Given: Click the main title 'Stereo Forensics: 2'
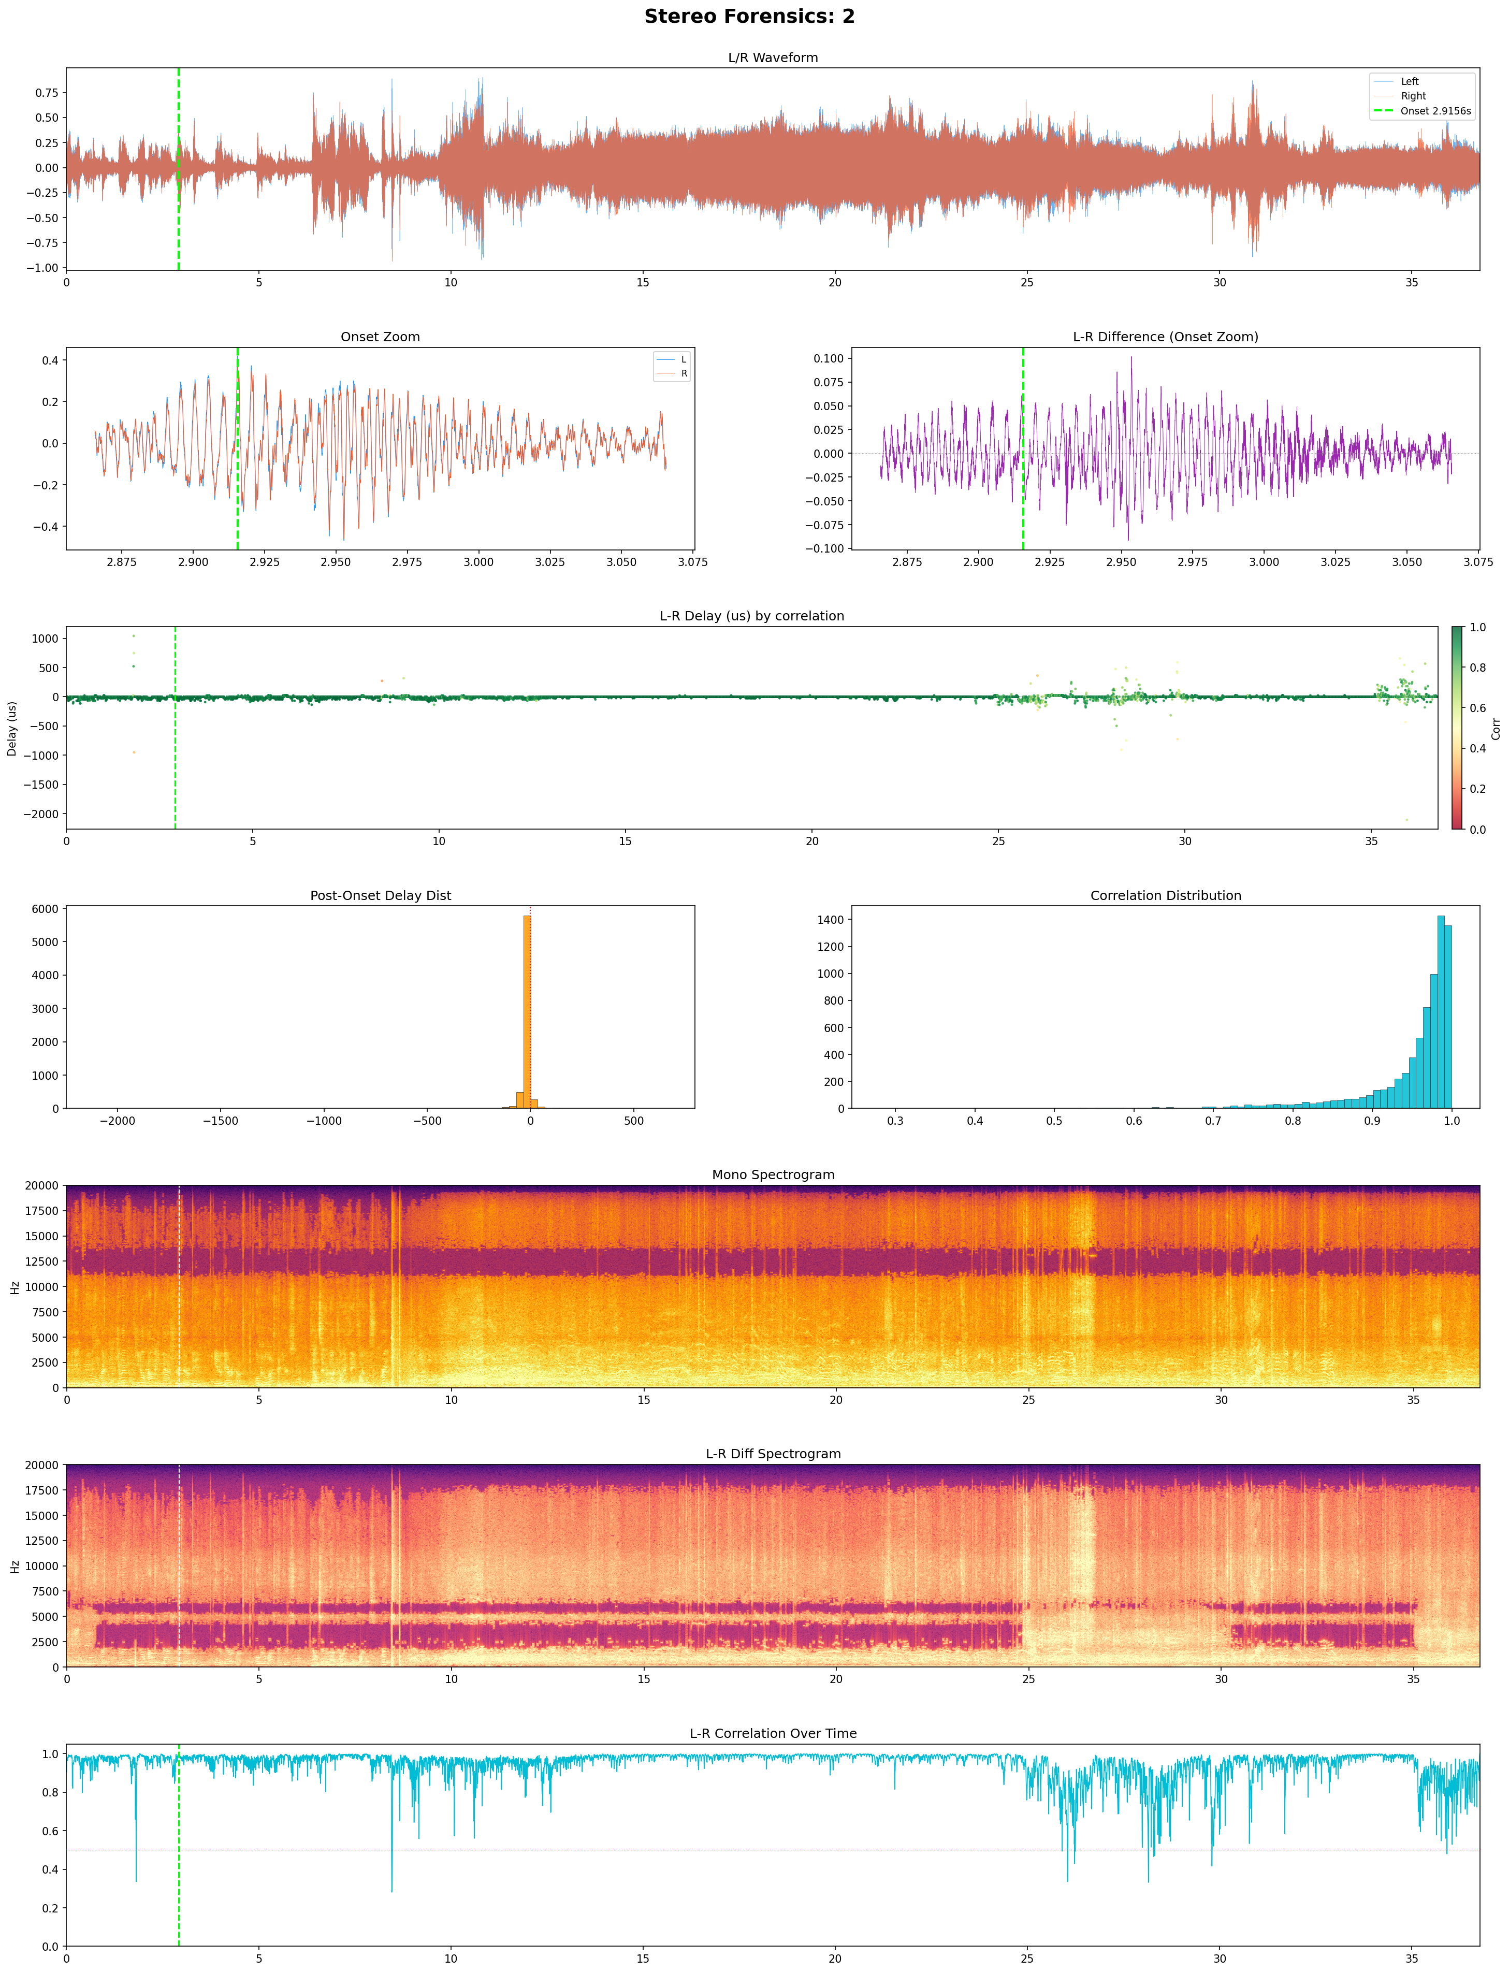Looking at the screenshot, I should tap(749, 16).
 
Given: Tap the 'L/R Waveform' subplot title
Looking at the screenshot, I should tap(773, 57).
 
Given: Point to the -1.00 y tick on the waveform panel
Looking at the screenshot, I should tap(45, 268).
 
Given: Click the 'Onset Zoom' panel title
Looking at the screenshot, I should tap(380, 337).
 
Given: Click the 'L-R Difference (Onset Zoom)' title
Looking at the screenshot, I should tap(1165, 337).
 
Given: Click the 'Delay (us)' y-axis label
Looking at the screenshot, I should tap(12, 728).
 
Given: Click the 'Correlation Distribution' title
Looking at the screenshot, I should tap(1165, 895).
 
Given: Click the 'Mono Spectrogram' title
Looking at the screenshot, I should tap(773, 1174).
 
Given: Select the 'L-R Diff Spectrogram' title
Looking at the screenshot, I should tap(773, 1454).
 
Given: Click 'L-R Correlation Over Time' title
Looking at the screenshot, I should tap(773, 1733).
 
